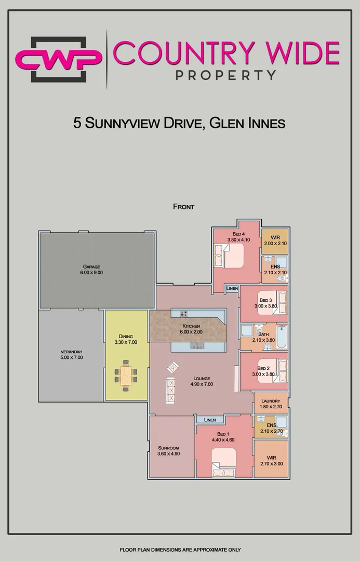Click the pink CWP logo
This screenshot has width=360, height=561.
pos(58,59)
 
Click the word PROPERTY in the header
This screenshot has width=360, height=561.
pos(225,75)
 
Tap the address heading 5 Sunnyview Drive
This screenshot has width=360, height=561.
pos(180,123)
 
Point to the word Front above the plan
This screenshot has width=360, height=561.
pos(183,207)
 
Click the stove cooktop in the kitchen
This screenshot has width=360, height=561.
pos(184,313)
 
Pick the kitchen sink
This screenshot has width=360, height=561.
pos(197,346)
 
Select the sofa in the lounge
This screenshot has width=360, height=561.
pos(170,390)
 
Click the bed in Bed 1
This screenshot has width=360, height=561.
pos(223,463)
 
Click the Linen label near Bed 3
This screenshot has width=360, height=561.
pos(232,288)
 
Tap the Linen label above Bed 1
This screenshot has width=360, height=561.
pos(210,420)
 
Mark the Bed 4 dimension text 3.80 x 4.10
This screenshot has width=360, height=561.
pos(238,239)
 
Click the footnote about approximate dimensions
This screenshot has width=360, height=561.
pos(180,550)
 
